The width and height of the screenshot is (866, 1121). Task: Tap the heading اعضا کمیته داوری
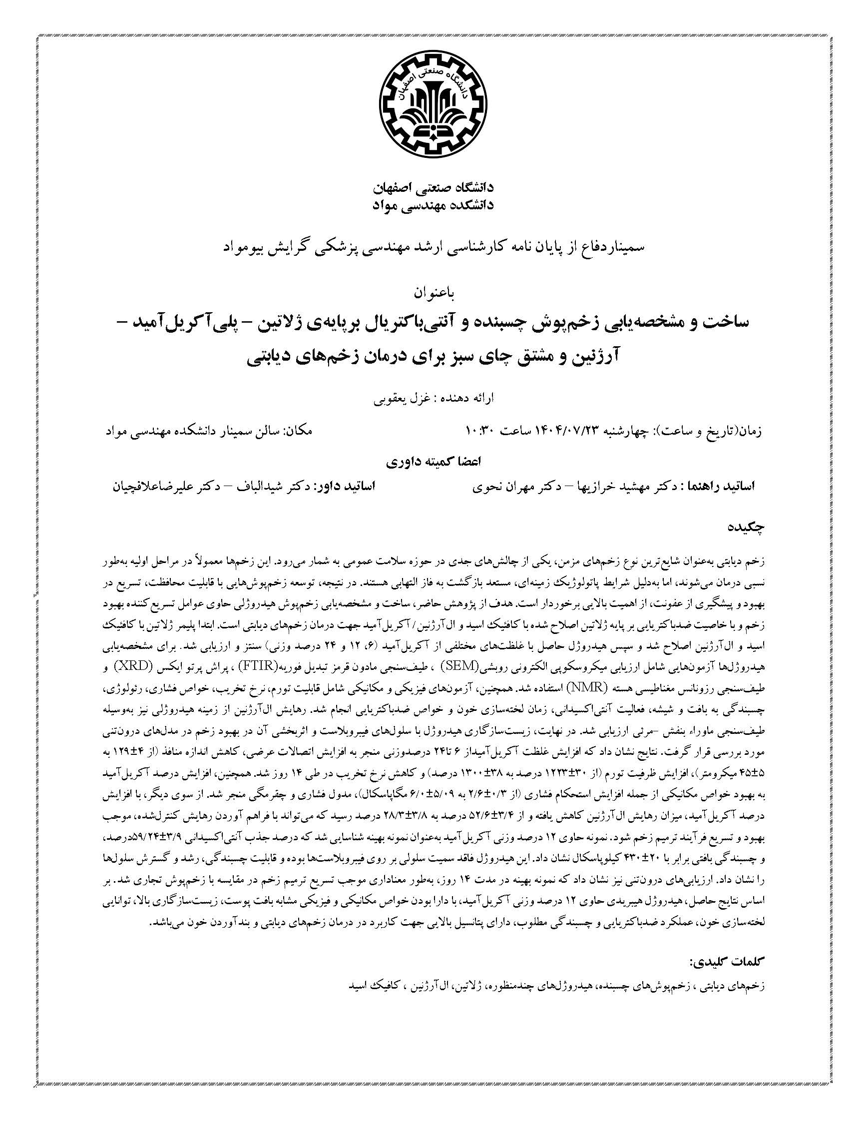(433, 462)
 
